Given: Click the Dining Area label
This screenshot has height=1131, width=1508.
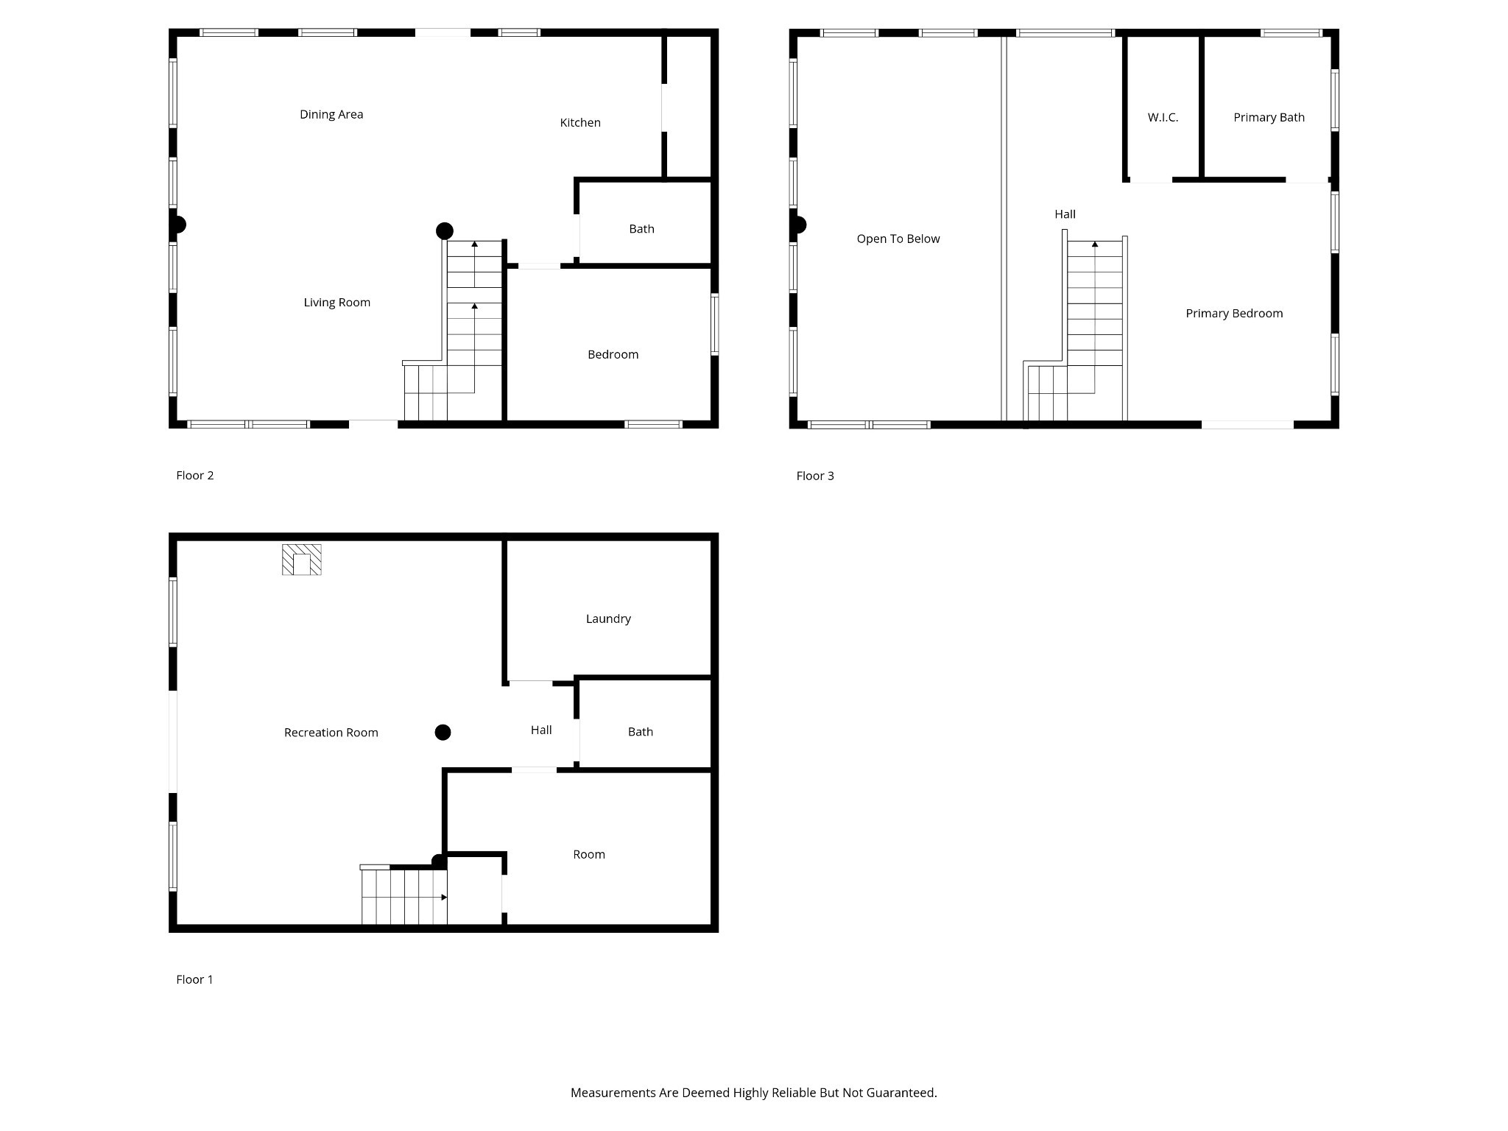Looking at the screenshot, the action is pos(331,114).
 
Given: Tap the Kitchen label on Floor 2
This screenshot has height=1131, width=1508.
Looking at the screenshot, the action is pos(580,122).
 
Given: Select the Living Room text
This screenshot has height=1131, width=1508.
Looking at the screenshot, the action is pos(337,303).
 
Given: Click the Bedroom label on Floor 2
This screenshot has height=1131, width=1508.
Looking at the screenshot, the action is pos(613,354).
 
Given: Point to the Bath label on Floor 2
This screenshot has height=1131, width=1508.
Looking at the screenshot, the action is pos(641,229).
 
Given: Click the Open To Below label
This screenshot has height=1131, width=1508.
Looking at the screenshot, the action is pos(898,239).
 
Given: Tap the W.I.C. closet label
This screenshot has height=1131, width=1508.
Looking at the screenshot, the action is pos(1163,117).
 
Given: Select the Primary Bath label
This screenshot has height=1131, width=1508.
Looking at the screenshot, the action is pos(1269,117).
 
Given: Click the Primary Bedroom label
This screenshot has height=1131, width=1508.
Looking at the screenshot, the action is pos(1234,314).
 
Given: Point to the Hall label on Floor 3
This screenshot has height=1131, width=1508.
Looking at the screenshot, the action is pos(1065,214).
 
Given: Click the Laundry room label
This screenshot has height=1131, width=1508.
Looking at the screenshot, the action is pos(608,619).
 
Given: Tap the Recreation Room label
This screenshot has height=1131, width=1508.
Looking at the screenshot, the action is pos(331,733).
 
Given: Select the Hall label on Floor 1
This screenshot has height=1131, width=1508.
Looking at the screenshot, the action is pos(541,730).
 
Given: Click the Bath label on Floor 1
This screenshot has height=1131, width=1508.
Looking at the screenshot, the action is pos(641,732).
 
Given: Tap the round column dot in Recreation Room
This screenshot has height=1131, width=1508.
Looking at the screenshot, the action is pos(443,732).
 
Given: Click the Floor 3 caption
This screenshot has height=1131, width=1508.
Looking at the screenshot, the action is pos(815,476).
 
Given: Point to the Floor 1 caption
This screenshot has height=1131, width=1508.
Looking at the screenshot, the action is pos(194,979).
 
